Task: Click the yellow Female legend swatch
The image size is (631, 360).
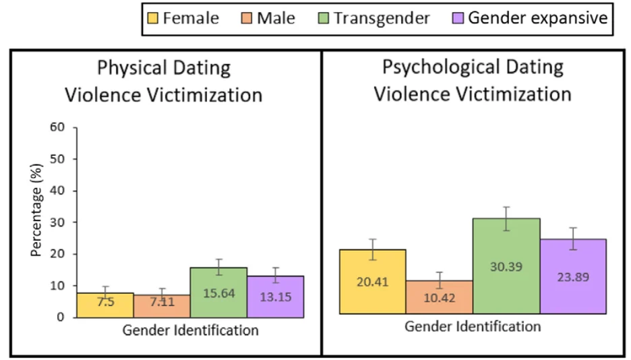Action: coord(153,18)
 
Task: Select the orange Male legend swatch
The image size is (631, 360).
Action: coord(247,18)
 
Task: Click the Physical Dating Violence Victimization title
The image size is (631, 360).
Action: coord(163,81)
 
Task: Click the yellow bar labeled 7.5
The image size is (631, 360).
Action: coord(105,305)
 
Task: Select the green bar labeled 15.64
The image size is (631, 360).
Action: coord(218,293)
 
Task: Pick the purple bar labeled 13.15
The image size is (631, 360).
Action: coord(275,297)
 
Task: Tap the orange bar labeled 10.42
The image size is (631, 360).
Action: coord(439,297)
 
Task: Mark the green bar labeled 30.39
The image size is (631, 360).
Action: coord(506,266)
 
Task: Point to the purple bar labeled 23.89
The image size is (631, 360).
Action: coord(574,276)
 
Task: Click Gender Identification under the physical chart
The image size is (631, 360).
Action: coord(191,330)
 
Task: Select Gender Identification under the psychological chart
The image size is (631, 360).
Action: coord(473,327)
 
